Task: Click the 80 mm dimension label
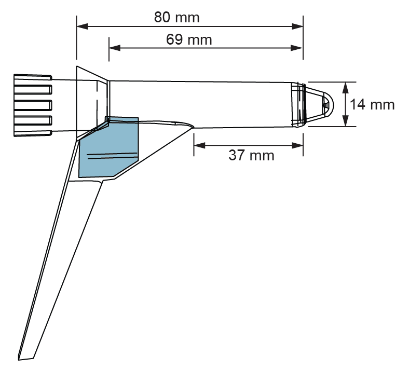pos(176,17)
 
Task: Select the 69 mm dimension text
pos(189,39)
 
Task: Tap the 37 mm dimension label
pos(251,155)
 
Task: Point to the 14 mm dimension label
pos(372,104)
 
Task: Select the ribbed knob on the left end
pos(32,104)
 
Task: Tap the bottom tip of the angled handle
pos(26,357)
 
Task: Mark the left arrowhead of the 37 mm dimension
pos(198,146)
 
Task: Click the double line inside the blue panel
pos(112,156)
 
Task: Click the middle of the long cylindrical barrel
pos(202,104)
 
